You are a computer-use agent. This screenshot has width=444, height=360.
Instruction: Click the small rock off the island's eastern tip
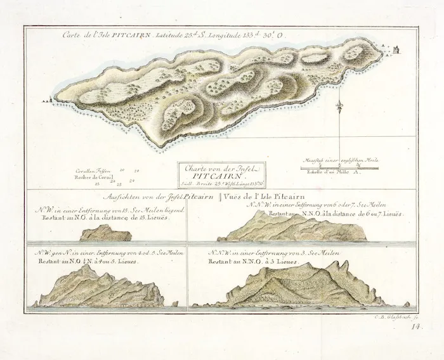394,49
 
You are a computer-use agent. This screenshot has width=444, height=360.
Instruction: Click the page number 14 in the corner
415,328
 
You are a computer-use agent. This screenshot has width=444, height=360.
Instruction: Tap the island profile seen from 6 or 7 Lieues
292,228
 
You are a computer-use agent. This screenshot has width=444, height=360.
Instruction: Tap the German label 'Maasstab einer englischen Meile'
339,160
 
